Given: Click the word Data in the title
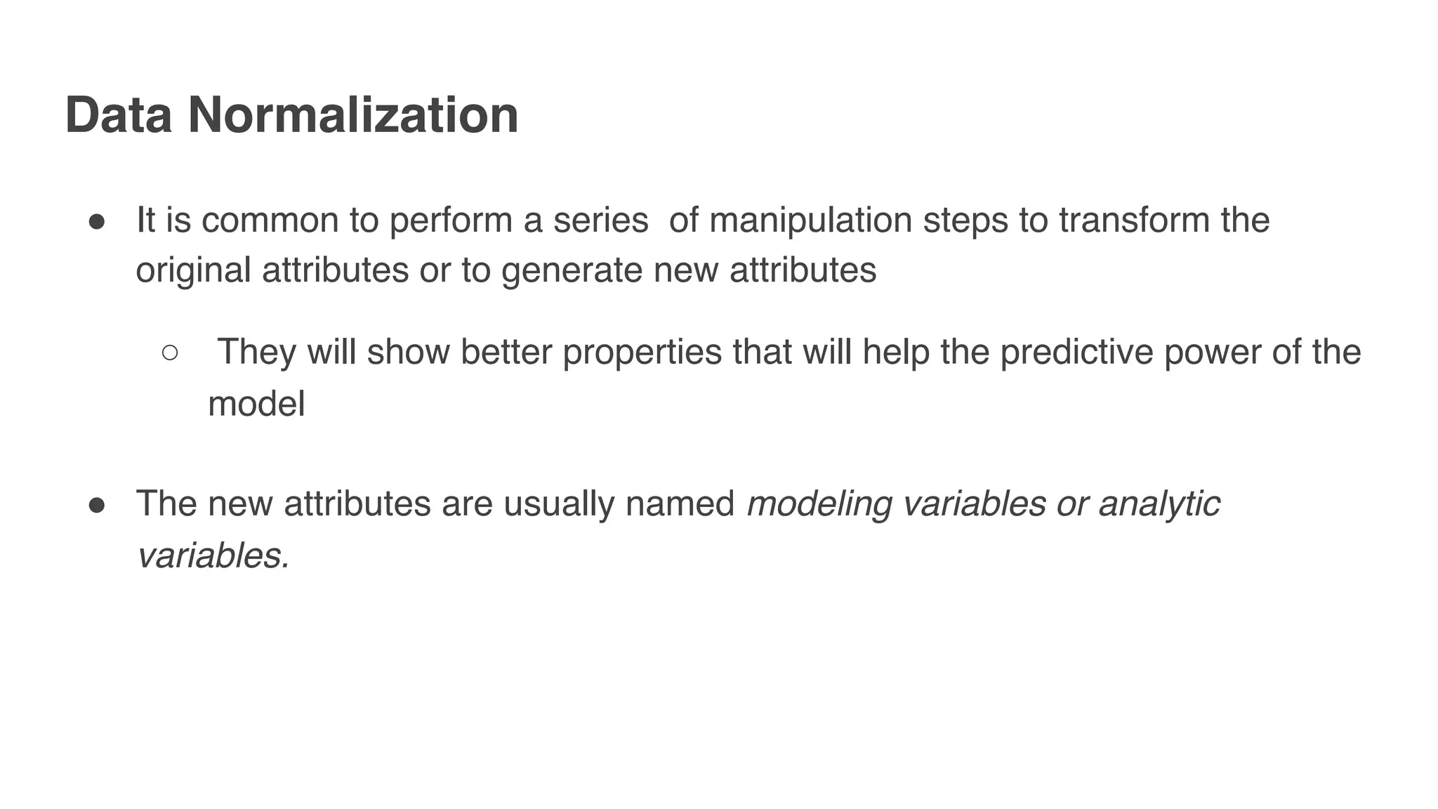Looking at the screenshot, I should pos(118,115).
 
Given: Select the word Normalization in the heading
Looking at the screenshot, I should pos(353,115).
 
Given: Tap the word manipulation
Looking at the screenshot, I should pos(810,221).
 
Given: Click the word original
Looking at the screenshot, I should pos(193,270).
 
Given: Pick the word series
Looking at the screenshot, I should pos(600,221).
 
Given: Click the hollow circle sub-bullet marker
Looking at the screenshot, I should pos(170,353).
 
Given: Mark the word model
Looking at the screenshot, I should pos(256,404).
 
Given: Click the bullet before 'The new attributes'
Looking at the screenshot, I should pos(97,505).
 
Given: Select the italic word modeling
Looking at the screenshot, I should pos(819,505).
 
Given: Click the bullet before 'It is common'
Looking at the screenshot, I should pos(97,222).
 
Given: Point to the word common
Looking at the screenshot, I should pos(270,222).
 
